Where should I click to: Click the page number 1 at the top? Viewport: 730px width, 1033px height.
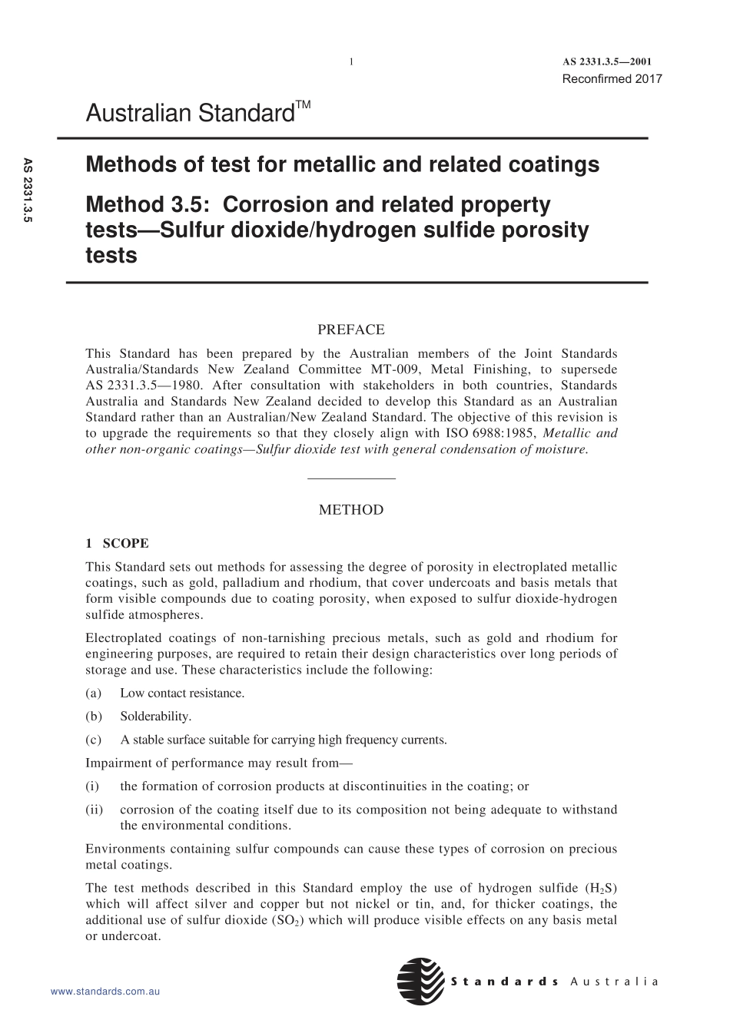[351, 62]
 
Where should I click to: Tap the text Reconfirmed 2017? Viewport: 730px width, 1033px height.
[612, 78]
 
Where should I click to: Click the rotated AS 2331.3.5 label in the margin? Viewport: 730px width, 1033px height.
[28, 190]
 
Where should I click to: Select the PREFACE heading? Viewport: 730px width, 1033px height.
[351, 329]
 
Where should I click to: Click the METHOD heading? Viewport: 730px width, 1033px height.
[351, 509]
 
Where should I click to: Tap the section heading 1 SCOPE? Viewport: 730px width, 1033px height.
[117, 543]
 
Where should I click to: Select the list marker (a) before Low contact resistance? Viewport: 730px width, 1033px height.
[93, 693]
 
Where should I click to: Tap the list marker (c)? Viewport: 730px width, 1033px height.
[93, 740]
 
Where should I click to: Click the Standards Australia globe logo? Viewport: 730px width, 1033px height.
[421, 981]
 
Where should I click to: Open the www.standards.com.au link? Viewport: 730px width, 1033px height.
[105, 992]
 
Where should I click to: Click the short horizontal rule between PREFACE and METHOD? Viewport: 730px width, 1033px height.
[351, 479]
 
